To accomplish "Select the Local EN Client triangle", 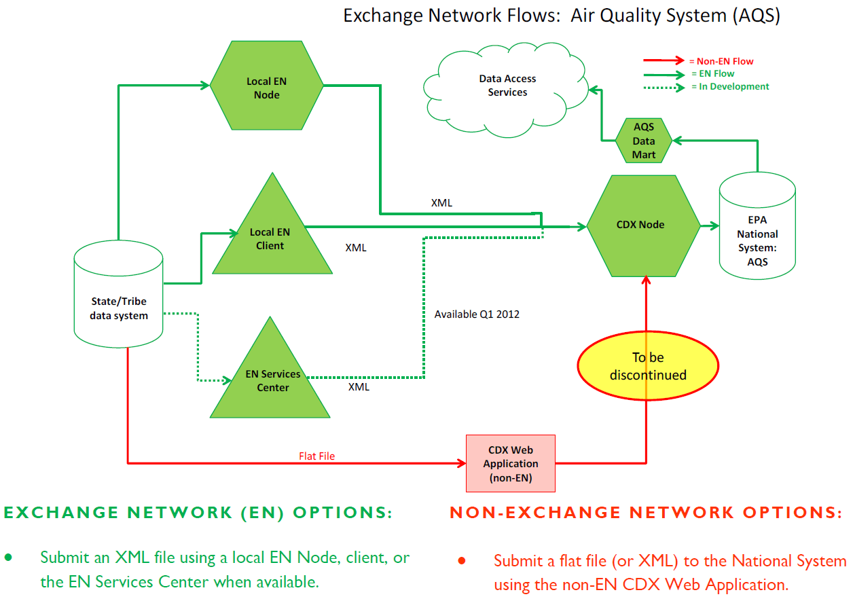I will [x=271, y=238].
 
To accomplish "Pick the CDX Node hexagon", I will [x=642, y=225].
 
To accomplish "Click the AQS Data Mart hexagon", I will [x=644, y=141].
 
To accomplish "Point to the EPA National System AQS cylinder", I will [x=757, y=227].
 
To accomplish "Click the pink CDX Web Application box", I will [x=510, y=464].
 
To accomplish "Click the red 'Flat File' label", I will [x=316, y=456].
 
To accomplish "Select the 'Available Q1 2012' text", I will [x=477, y=314].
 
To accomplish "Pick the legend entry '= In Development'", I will [x=729, y=87].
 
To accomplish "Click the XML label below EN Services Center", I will [x=359, y=387].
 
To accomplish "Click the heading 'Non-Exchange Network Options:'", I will [x=645, y=513].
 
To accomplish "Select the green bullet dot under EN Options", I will [x=8, y=558].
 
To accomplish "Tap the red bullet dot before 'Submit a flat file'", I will [x=461, y=561].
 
